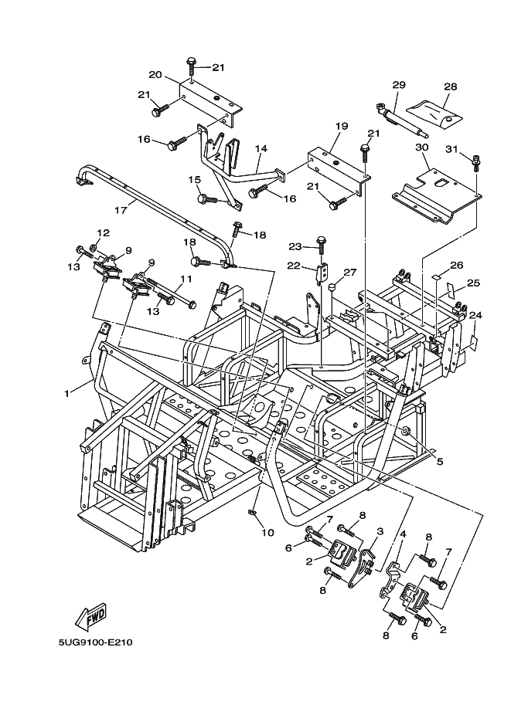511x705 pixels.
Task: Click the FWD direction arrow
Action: click(91, 617)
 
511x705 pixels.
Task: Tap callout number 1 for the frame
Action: click(67, 392)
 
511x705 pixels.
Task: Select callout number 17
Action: click(120, 209)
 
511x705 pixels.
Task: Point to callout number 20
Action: click(155, 75)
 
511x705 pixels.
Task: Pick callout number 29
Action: click(399, 84)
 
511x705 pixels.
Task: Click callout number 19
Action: click(342, 125)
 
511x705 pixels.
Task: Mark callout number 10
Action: click(267, 532)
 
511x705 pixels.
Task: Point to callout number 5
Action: click(439, 462)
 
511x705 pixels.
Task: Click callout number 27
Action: click(350, 272)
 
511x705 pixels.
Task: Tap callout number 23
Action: click(295, 247)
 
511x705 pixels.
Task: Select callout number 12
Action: click(103, 232)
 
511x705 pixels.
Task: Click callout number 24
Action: click(475, 315)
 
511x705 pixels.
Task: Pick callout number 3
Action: click(380, 531)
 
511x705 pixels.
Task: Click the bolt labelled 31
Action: click(476, 162)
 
